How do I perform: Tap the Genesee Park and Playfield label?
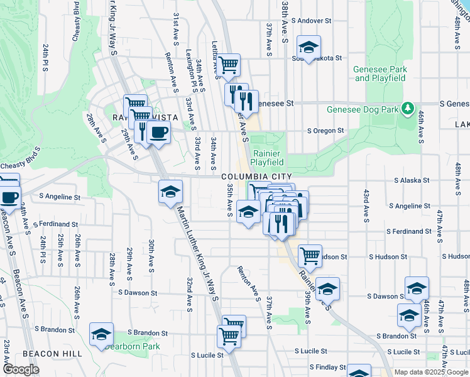tap(381, 74)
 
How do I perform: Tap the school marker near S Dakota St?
tap(309, 47)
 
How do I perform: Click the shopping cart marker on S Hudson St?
tap(310, 255)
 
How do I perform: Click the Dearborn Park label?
tap(133, 346)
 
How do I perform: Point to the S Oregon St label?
tap(325, 131)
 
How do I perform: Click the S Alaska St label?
tap(412, 180)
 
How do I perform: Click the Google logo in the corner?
tap(21, 369)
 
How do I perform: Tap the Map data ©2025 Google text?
tap(432, 372)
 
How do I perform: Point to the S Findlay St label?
tap(327, 367)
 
